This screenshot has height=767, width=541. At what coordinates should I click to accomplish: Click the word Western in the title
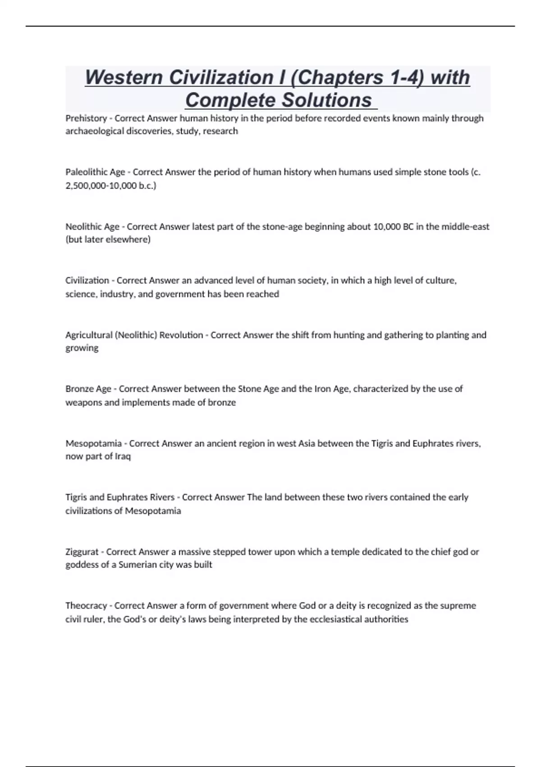click(x=124, y=78)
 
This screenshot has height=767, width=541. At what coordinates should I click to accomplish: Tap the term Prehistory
click(x=86, y=118)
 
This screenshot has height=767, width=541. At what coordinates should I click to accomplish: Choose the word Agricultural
click(x=89, y=335)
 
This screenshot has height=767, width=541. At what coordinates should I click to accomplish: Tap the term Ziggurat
click(x=82, y=552)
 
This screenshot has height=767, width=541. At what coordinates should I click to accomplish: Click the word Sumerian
click(x=137, y=565)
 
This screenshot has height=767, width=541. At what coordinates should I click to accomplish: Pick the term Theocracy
click(x=86, y=605)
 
